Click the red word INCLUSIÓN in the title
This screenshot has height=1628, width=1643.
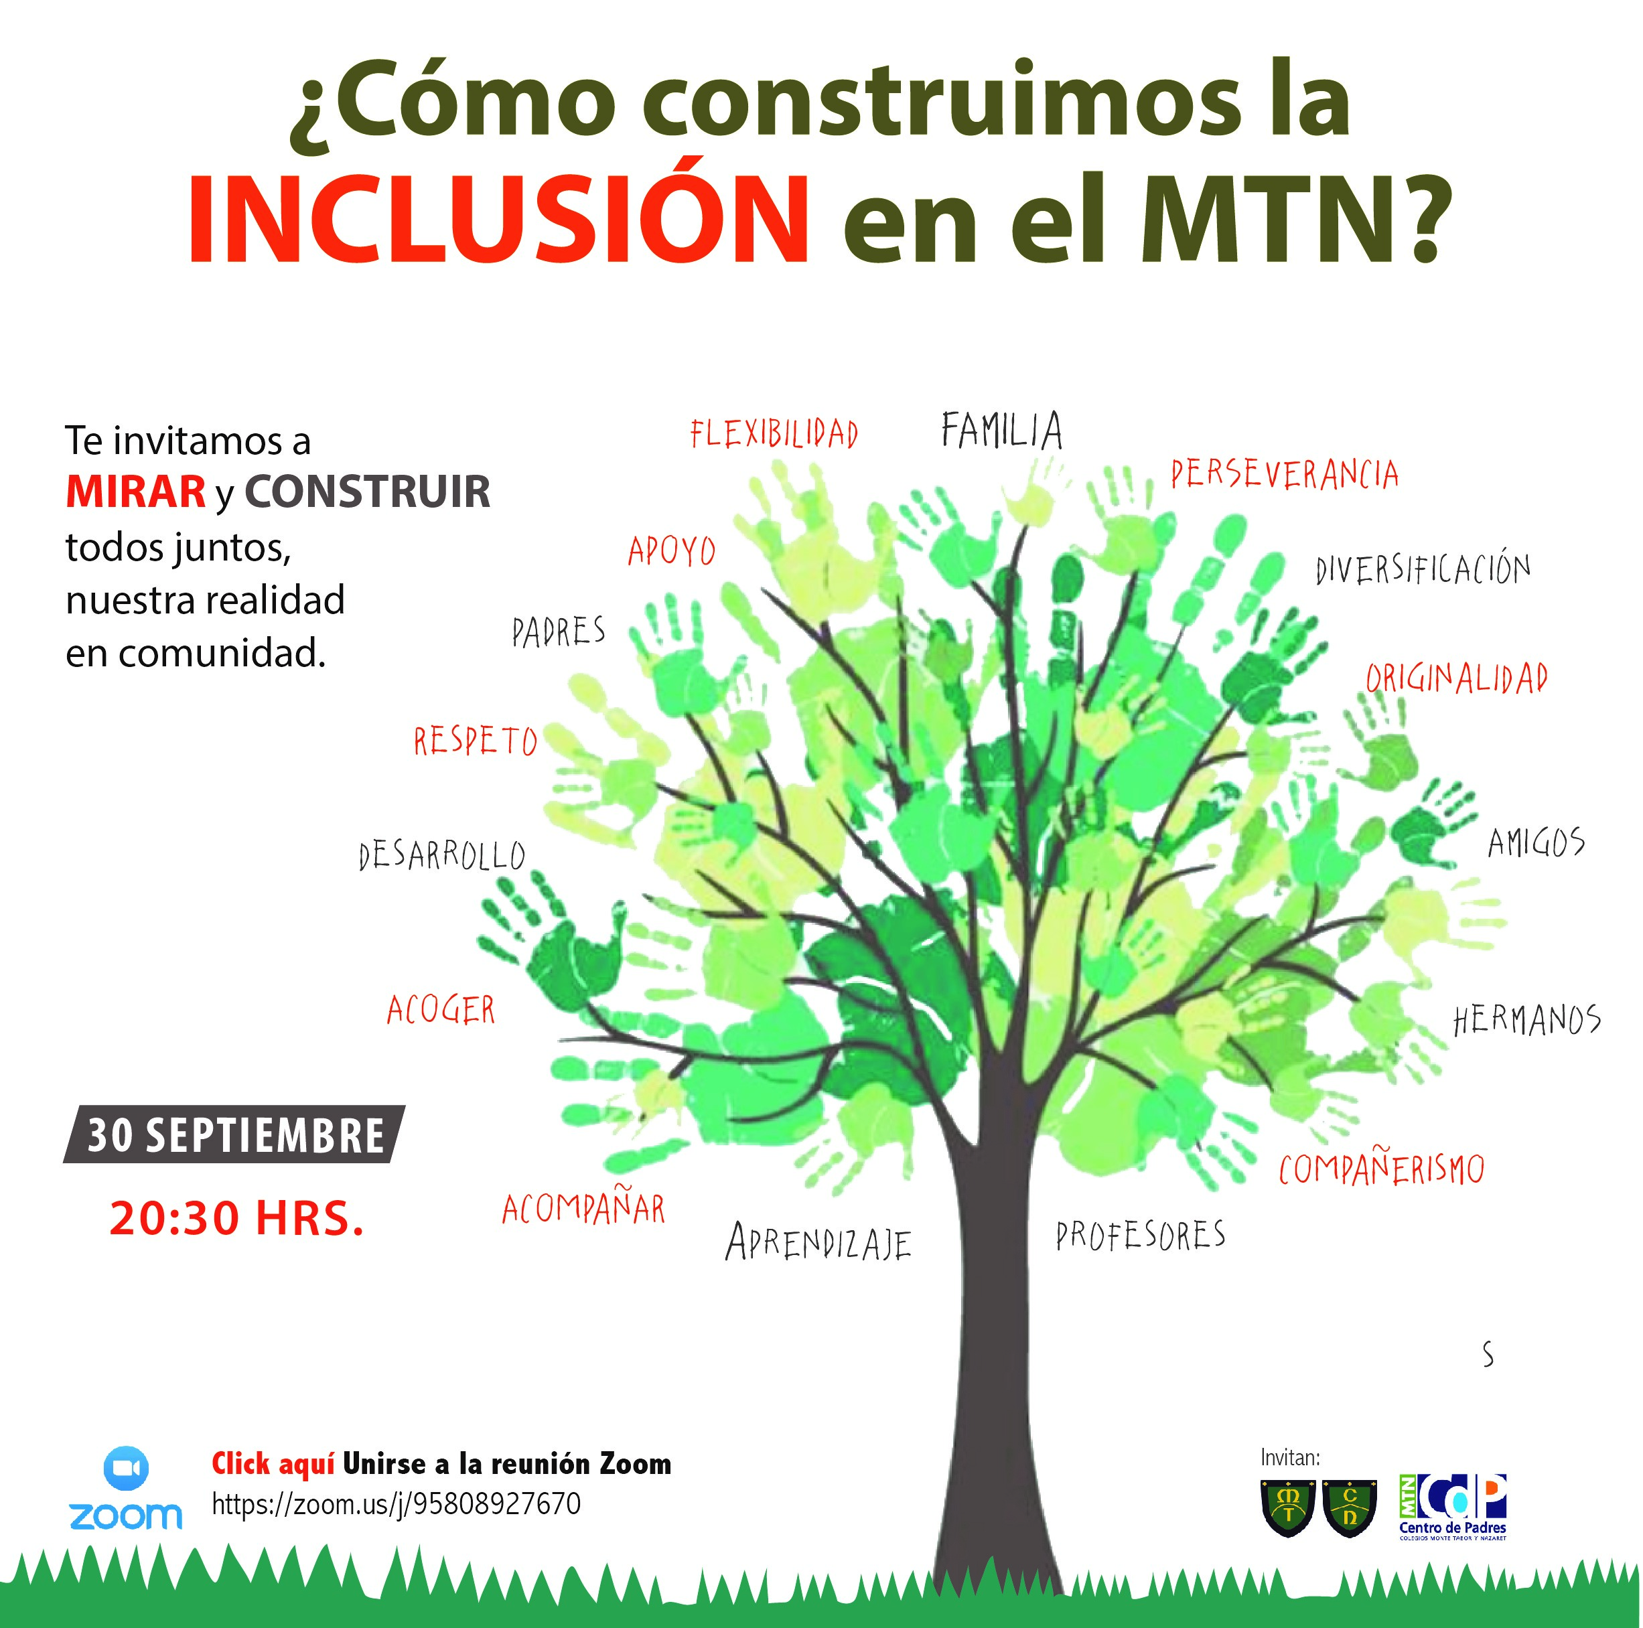498,220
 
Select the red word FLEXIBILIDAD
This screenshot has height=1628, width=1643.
774,433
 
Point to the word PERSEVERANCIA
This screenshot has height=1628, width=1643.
1284,474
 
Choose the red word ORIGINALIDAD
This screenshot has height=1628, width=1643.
1456,678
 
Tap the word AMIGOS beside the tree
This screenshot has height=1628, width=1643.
1536,842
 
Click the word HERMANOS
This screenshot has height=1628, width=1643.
1526,1019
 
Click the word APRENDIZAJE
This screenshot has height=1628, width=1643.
818,1243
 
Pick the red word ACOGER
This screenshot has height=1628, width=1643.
441,1010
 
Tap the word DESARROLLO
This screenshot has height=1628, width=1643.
442,855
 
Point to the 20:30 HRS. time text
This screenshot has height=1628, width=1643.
236,1217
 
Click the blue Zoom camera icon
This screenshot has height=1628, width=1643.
126,1468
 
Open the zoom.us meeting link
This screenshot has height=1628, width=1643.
397,1503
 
